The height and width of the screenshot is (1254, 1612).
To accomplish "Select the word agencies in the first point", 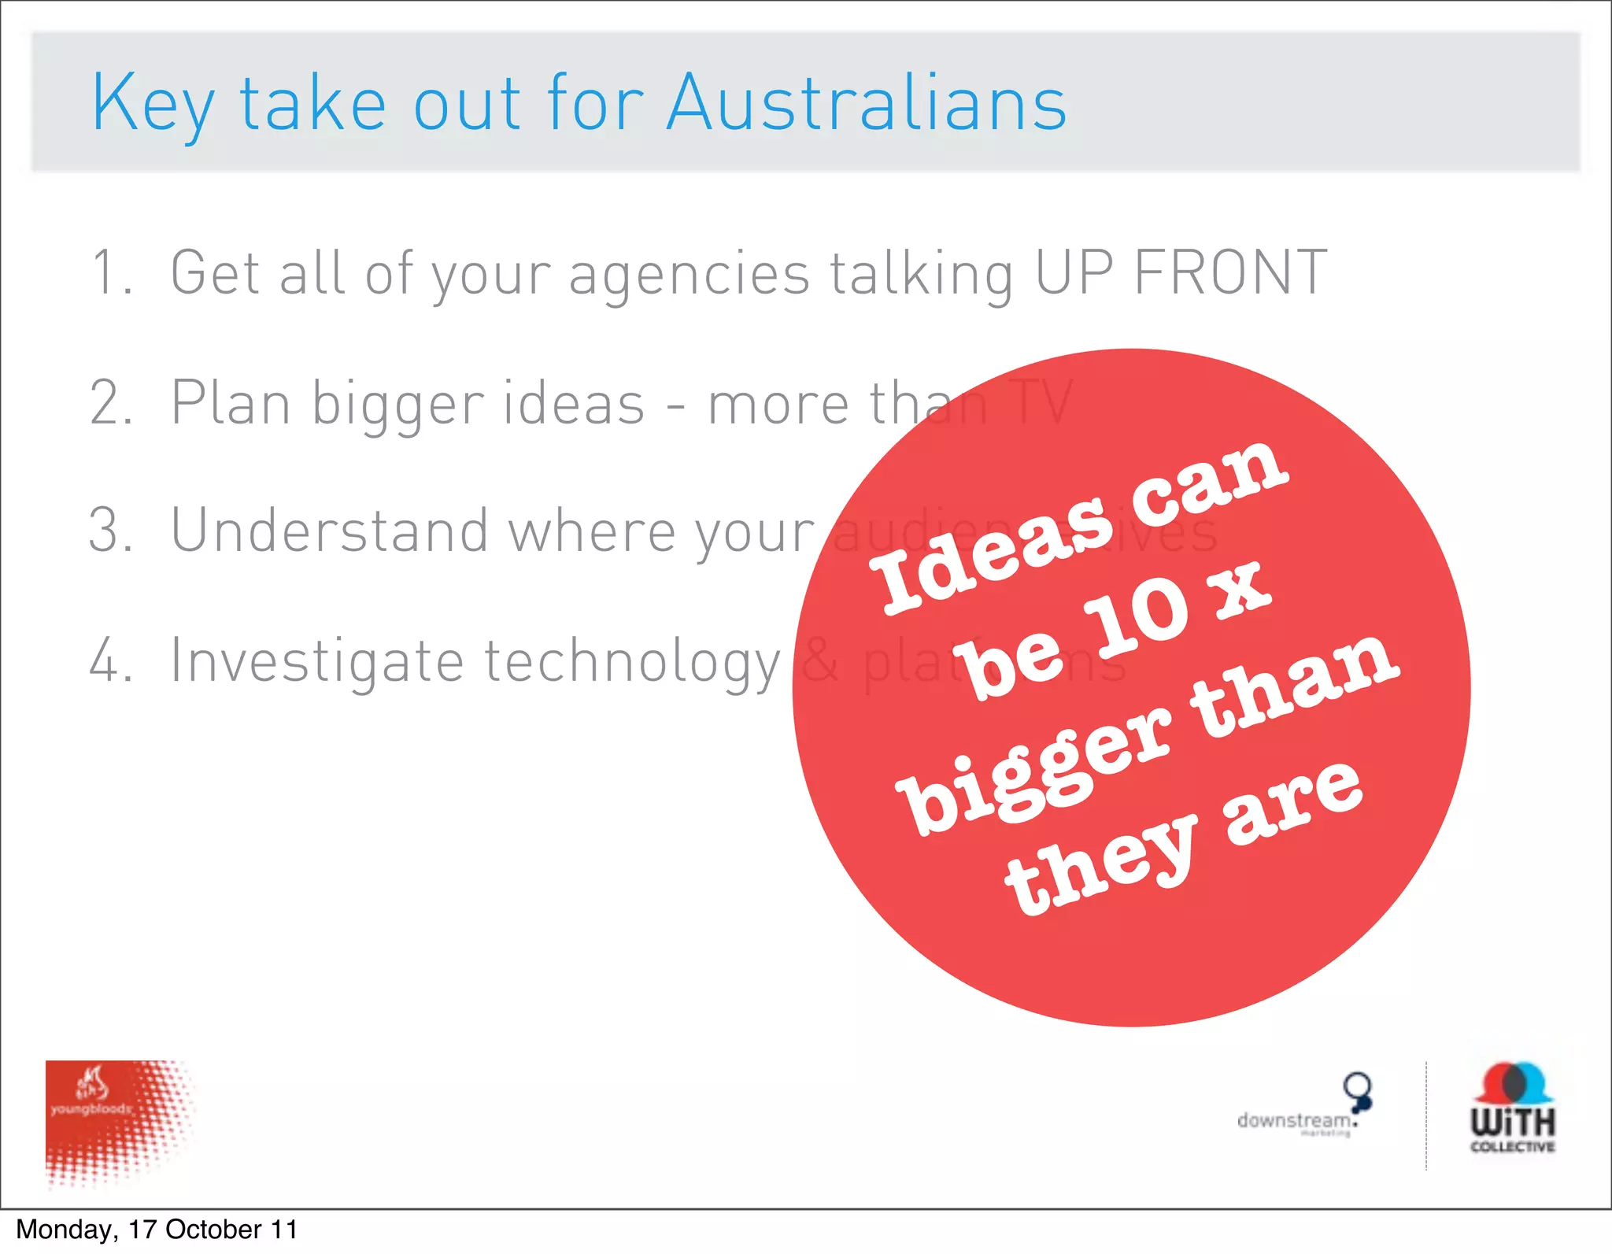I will point(689,276).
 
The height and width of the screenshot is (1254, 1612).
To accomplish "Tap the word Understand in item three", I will point(329,531).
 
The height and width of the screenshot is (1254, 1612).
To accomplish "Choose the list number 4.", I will point(110,660).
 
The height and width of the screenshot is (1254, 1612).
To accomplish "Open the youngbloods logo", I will point(118,1122).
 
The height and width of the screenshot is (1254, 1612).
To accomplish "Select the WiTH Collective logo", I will point(1512,1108).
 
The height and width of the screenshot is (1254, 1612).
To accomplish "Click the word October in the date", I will point(213,1230).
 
